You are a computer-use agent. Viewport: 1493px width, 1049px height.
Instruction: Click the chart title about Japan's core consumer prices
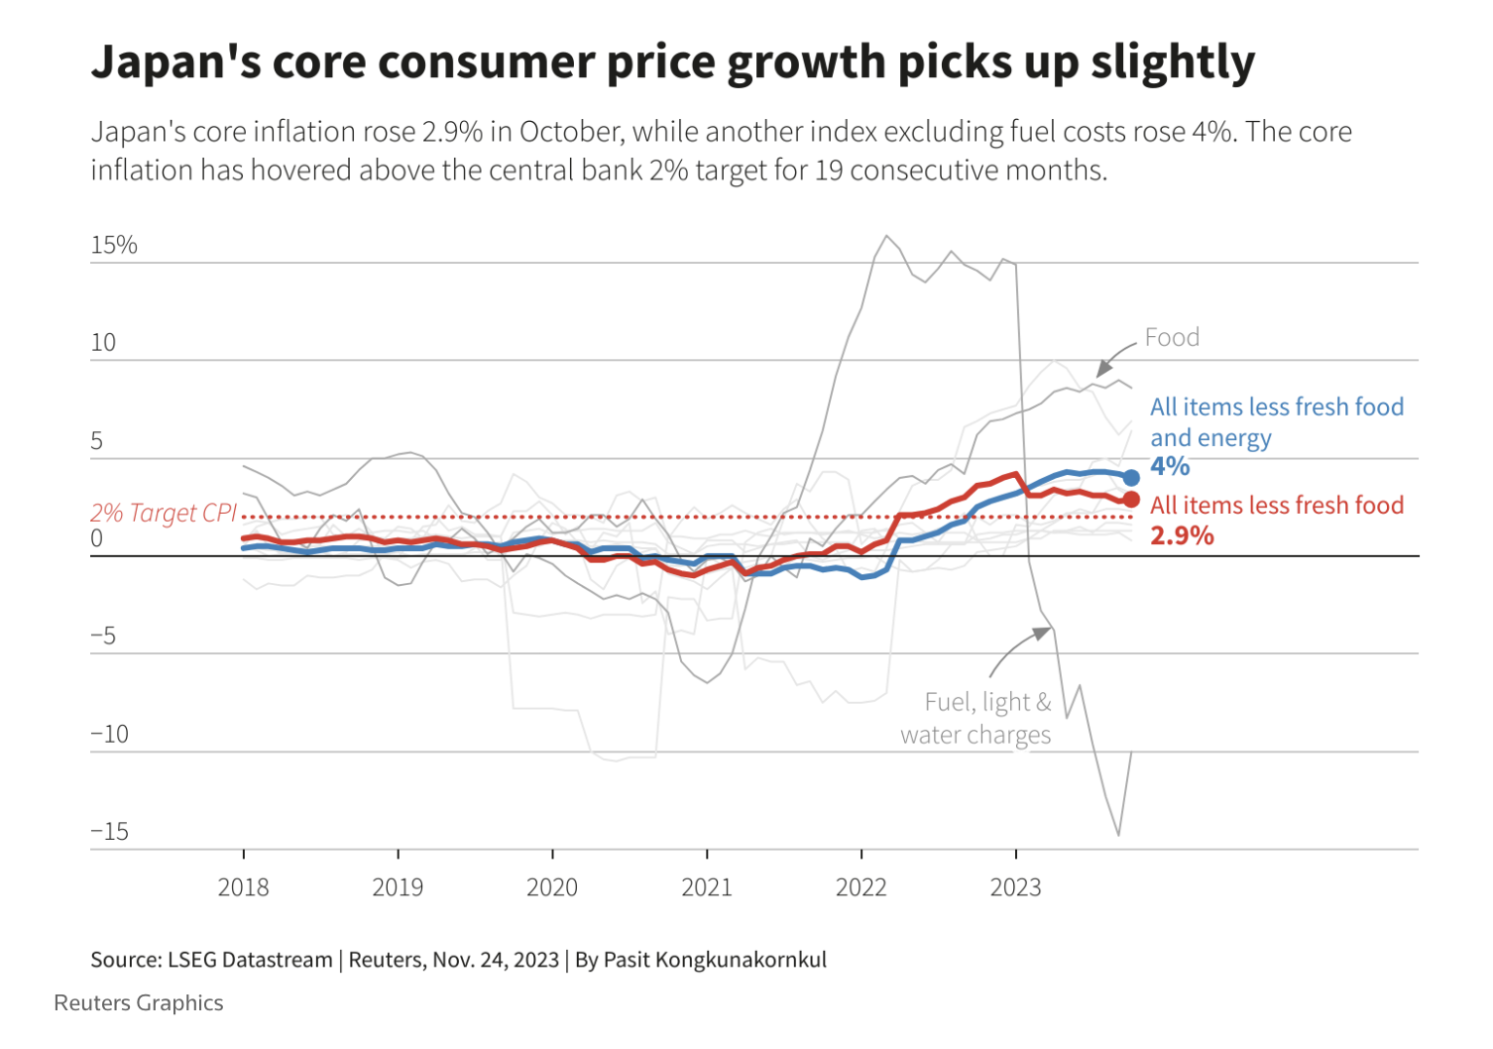point(672,61)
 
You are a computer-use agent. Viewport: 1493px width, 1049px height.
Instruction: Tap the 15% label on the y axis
point(114,245)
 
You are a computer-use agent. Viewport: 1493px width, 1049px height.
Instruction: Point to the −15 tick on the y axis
point(110,831)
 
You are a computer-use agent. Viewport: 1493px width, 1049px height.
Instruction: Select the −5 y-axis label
point(103,636)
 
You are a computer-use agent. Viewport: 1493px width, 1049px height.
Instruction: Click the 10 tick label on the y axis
point(103,343)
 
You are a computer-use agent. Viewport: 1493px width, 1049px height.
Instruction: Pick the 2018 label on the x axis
point(243,886)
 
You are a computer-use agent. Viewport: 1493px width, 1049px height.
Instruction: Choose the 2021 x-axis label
point(706,886)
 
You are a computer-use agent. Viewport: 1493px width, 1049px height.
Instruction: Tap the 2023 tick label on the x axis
point(1015,886)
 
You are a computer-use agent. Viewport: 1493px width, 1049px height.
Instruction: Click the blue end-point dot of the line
point(1131,478)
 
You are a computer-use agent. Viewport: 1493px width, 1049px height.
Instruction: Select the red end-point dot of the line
point(1131,500)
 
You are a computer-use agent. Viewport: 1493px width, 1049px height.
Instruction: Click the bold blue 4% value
point(1170,466)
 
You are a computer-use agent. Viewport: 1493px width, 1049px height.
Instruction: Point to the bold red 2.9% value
point(1182,535)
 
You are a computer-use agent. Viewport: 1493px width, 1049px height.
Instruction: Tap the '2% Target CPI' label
point(164,513)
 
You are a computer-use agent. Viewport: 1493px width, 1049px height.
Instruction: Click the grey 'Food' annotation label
point(1172,337)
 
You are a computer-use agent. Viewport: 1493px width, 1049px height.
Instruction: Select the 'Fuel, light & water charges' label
point(976,718)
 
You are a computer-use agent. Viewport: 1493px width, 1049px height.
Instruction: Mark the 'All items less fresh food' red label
point(1276,505)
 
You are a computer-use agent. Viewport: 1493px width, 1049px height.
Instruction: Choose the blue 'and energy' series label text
point(1210,437)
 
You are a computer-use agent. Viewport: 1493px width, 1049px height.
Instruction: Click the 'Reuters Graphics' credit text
point(139,1002)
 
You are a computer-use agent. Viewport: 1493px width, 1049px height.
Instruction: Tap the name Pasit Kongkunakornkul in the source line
point(715,960)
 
